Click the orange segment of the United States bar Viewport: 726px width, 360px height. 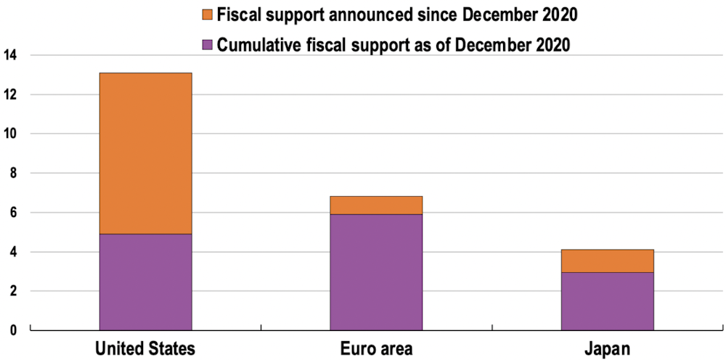(145, 153)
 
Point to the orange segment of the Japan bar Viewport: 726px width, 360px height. (607, 261)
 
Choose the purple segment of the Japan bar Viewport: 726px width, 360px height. (607, 300)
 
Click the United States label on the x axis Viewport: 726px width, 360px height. (145, 349)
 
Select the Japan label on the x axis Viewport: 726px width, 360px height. (607, 349)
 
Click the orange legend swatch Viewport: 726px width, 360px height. (207, 15)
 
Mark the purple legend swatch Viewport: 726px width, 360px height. (207, 44)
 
